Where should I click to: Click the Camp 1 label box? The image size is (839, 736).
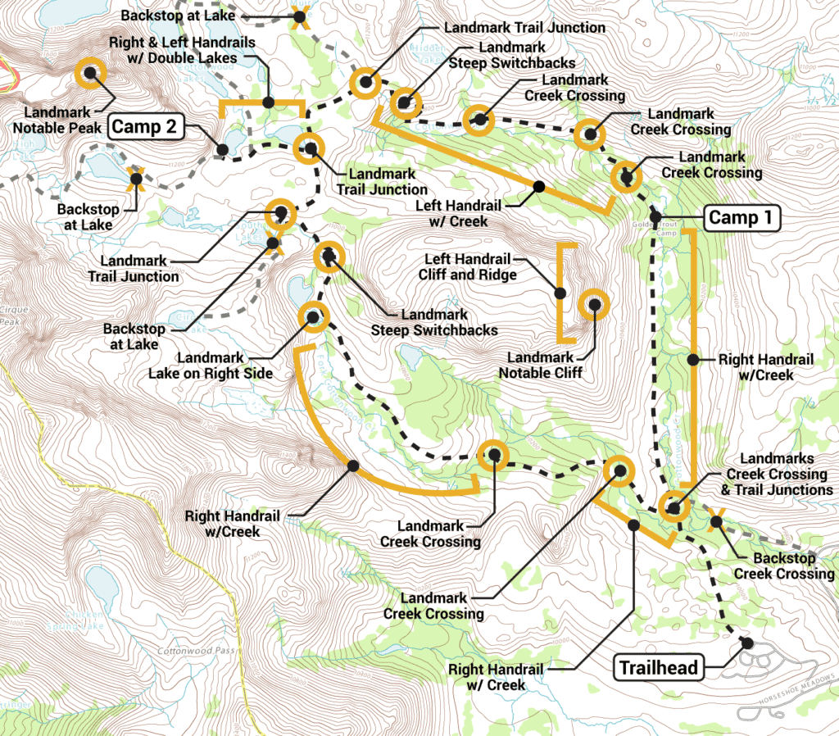click(x=742, y=217)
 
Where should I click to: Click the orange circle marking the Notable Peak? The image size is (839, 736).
click(x=90, y=72)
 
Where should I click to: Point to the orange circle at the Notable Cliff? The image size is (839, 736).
click(x=594, y=304)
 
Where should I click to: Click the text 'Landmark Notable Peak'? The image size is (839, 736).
click(x=57, y=120)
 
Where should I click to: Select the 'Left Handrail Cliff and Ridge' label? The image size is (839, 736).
click(x=469, y=267)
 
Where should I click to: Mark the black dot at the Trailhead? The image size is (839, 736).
click(x=746, y=642)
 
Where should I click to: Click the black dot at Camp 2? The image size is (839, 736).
click(x=222, y=150)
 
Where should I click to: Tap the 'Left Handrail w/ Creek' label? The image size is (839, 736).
click(x=452, y=214)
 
